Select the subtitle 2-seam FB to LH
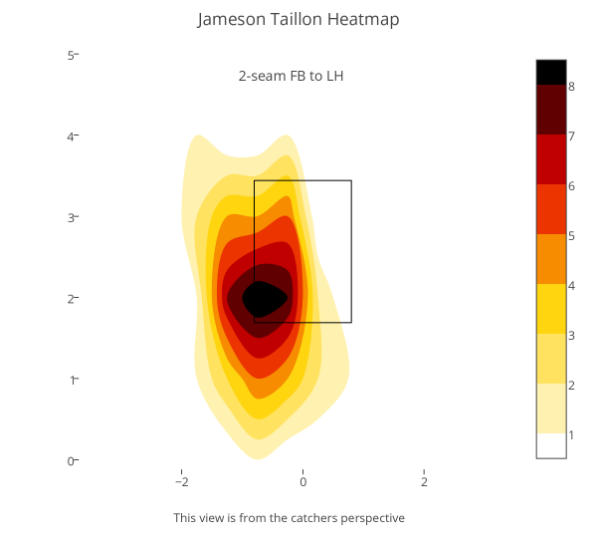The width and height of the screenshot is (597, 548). (291, 76)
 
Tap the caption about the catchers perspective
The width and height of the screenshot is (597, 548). (289, 518)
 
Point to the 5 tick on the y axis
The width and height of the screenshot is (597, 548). (72, 55)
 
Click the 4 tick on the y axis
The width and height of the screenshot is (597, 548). (72, 136)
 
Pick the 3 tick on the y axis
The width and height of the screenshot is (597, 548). (72, 217)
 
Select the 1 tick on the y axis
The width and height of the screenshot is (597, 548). (72, 380)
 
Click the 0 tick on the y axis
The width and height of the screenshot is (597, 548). (72, 460)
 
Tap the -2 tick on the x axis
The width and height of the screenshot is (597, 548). (181, 481)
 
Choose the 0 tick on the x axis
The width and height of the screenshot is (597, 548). (302, 481)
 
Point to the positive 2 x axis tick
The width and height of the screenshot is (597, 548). (424, 481)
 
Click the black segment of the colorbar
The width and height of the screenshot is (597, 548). (551, 72)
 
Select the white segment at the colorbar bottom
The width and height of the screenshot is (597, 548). (551, 445)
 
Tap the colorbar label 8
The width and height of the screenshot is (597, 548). (571, 86)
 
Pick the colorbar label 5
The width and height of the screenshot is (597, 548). (571, 235)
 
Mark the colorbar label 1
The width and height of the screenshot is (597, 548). (571, 434)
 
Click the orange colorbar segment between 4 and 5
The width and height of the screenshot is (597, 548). (551, 259)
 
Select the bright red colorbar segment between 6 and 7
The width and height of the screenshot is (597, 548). (551, 159)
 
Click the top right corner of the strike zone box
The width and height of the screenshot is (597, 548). (351, 180)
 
